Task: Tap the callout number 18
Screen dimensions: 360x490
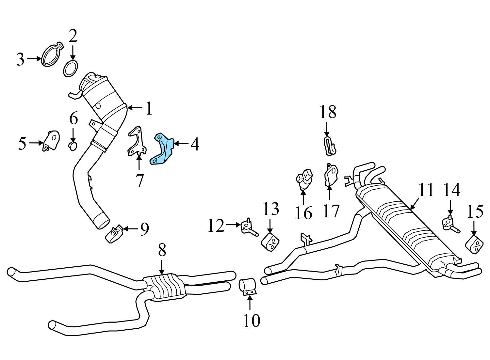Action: point(328,112)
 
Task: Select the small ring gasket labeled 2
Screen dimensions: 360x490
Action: point(70,69)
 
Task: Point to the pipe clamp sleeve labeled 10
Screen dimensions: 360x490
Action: point(248,286)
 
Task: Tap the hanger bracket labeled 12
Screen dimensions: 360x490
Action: point(247,227)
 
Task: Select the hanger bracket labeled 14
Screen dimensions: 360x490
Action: point(449,223)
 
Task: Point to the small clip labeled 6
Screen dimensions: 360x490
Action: point(73,146)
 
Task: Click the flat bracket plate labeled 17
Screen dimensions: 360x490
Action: point(331,175)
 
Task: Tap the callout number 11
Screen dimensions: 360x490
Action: point(426,190)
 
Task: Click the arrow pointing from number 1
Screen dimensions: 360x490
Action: point(135,107)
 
